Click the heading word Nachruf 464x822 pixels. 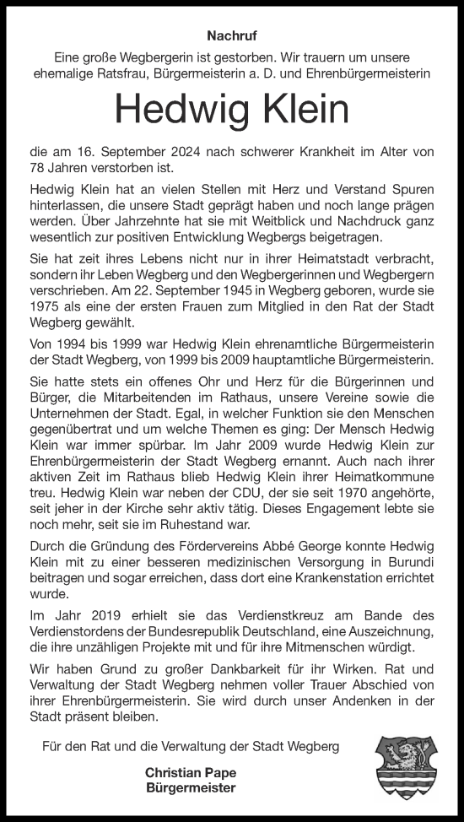pos(231,36)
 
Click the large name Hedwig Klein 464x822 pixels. pos(231,110)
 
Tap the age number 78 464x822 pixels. pos(40,168)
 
